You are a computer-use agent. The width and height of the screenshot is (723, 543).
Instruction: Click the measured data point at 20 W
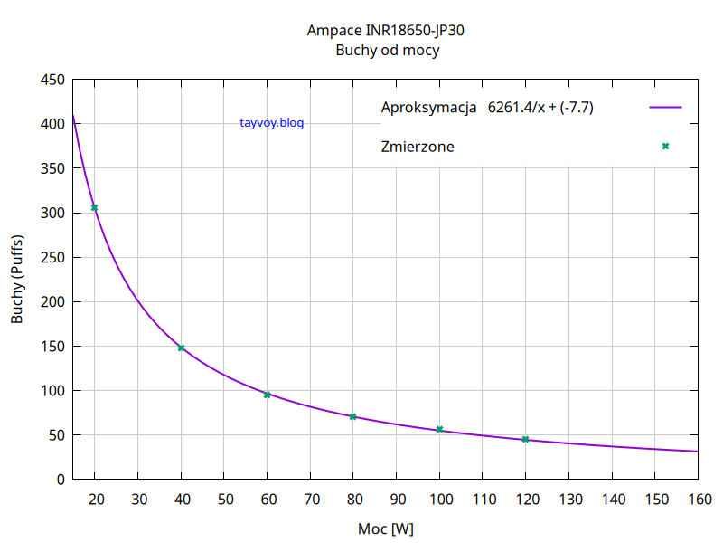(x=94, y=208)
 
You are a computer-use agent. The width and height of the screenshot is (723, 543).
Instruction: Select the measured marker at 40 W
(x=181, y=348)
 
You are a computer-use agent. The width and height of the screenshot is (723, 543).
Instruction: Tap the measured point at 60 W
(x=267, y=395)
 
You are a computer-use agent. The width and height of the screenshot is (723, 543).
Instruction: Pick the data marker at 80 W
(x=352, y=416)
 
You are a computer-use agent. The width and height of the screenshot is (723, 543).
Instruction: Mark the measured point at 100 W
(x=439, y=429)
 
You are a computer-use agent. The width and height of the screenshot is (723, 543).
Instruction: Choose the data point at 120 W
(x=525, y=439)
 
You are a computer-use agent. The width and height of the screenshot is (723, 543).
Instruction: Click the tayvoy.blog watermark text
(x=272, y=123)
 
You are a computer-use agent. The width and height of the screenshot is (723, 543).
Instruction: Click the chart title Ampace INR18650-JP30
(x=386, y=31)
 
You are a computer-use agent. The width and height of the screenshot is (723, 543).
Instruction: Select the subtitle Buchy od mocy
(x=387, y=51)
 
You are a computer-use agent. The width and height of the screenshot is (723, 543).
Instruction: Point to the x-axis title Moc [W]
(x=386, y=528)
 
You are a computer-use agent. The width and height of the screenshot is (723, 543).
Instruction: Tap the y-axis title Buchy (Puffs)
(x=17, y=279)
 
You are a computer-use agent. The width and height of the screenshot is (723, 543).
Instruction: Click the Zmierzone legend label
(x=418, y=147)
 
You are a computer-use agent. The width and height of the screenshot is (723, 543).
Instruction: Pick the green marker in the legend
(x=665, y=146)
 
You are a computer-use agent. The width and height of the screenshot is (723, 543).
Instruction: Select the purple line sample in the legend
(x=665, y=107)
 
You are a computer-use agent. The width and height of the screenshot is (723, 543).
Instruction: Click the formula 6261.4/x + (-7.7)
(x=540, y=108)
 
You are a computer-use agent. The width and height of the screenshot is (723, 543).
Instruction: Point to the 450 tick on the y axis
(x=53, y=81)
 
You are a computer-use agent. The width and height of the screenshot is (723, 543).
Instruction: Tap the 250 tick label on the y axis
(x=53, y=258)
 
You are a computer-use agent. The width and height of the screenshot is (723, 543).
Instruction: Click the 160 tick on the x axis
(x=698, y=499)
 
